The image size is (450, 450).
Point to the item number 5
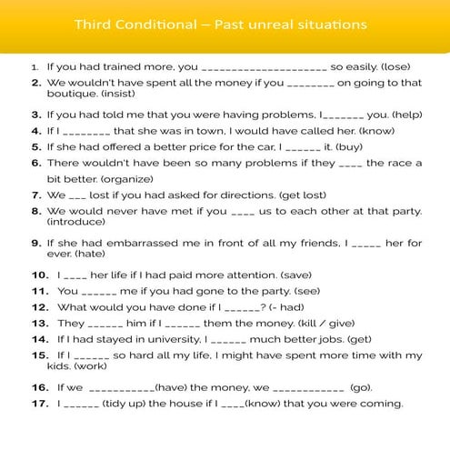pos(36,147)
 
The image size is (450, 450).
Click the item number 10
pos(39,275)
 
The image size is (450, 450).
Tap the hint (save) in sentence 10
pos(295,275)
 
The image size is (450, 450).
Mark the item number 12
pos(39,306)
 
